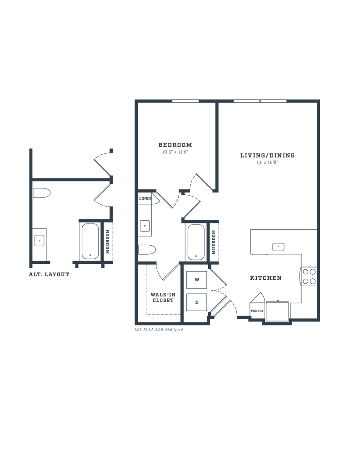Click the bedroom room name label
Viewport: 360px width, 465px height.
pos(175,145)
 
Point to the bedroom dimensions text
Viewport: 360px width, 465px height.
pos(175,153)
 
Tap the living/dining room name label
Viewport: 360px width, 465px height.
pos(267,155)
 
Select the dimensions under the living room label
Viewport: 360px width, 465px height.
pos(267,162)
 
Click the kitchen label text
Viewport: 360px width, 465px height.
pos(266,278)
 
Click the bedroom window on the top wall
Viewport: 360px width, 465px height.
pos(185,100)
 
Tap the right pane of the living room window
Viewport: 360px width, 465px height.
pos(274,100)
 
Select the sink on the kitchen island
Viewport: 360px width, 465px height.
pos(278,247)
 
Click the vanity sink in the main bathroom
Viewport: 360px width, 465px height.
pos(145,225)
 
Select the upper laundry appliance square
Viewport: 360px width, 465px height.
pos(197,280)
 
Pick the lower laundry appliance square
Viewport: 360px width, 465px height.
pos(197,301)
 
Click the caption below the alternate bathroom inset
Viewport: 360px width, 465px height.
pos(49,274)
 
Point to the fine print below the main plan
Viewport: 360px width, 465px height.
pos(159,331)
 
